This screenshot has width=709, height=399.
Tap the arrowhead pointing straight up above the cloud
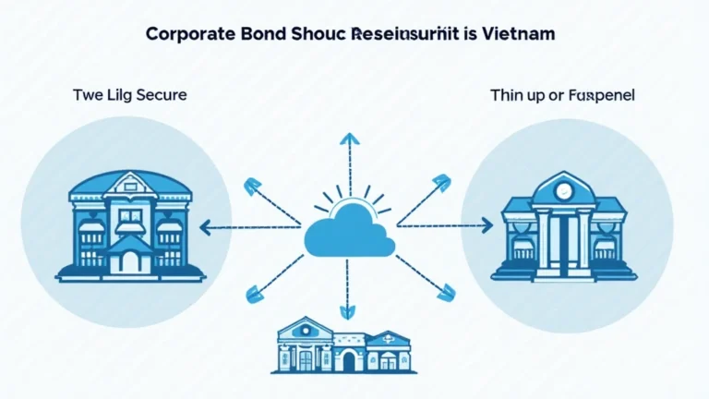tap(349, 139)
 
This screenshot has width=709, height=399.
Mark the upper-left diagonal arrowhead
tap(250, 187)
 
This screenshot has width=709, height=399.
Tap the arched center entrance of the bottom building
tap(348, 361)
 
